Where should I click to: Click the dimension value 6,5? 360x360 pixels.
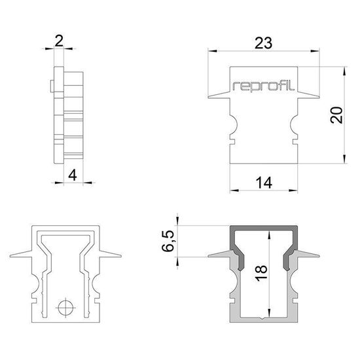tap(169, 241)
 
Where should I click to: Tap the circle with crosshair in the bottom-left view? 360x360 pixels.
tap(65, 306)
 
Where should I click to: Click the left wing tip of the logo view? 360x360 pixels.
tap(207, 100)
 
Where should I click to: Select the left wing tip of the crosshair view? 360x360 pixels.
tap(10, 257)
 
